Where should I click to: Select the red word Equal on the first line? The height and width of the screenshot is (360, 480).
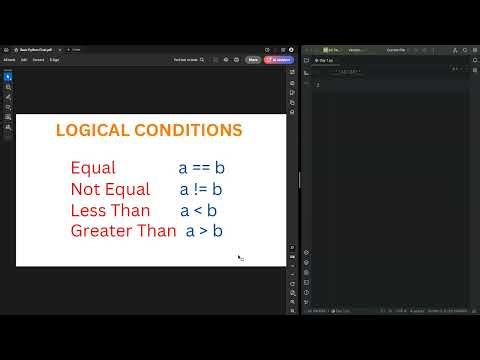[x=93, y=168]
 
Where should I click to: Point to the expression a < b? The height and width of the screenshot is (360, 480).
[x=198, y=210]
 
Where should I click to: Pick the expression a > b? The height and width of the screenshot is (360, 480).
[x=204, y=231]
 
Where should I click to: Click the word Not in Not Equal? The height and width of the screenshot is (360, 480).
[x=86, y=189]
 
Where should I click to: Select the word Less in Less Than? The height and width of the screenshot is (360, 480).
[x=89, y=210]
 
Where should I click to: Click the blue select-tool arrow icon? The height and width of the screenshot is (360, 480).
[x=8, y=76]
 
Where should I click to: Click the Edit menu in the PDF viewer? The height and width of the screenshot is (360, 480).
[x=24, y=60]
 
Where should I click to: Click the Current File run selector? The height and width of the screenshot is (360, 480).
[x=396, y=48]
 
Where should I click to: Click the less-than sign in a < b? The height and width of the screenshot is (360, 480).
[x=198, y=210]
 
